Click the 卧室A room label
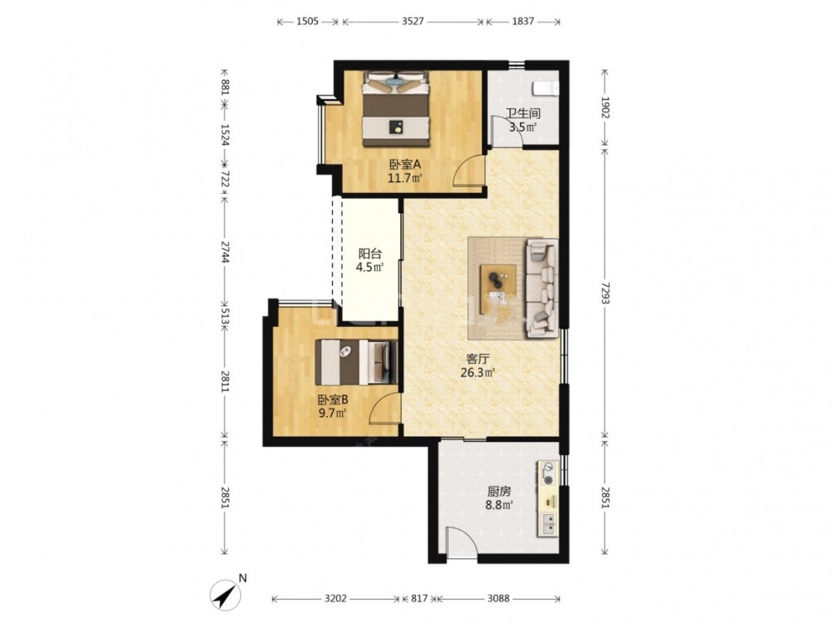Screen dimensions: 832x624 [405, 164]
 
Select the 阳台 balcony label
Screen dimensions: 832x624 [370, 254]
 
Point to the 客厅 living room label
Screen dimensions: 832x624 [478, 359]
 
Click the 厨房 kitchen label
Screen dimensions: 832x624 [498, 492]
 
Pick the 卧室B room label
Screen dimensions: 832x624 [333, 399]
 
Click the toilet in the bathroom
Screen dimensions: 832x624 [546, 89]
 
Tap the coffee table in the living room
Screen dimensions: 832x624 [498, 290]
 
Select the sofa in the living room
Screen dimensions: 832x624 [542, 288]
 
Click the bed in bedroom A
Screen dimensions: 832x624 [396, 109]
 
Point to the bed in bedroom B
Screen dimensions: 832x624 [356, 363]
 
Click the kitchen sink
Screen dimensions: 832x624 [548, 524]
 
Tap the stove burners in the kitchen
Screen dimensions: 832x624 [548, 473]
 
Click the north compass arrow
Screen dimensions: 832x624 [226, 594]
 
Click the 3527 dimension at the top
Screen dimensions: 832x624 [413, 22]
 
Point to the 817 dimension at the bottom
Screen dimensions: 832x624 [419, 598]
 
